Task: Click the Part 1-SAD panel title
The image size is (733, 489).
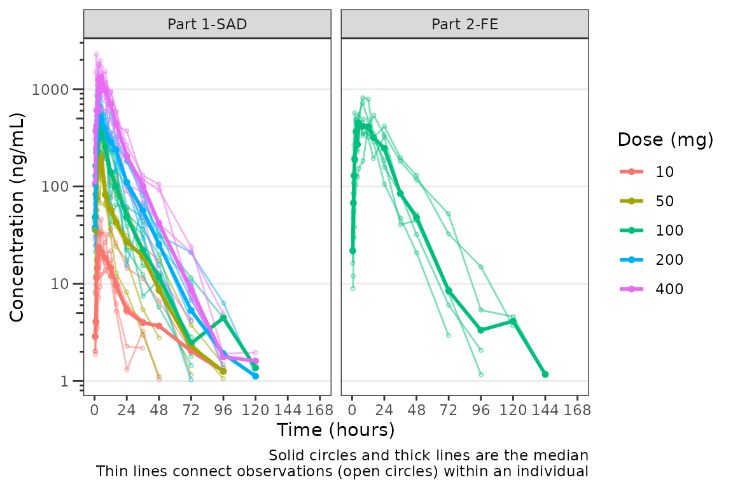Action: [207, 24]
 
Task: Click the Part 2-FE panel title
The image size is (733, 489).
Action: [464, 24]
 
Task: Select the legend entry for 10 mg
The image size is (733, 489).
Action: [664, 171]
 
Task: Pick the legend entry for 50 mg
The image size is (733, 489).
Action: [664, 201]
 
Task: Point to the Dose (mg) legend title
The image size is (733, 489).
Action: [665, 140]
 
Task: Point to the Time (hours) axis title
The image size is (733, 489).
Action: [335, 430]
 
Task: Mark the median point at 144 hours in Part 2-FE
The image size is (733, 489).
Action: [545, 374]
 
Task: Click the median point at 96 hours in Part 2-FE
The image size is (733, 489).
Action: [481, 330]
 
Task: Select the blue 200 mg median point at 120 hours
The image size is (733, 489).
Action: [255, 376]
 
